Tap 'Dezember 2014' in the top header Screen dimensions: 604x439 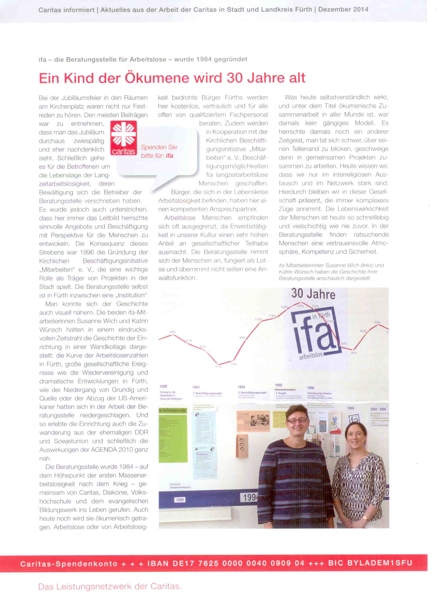(x=343, y=10)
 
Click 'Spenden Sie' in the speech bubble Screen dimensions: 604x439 (x=159, y=147)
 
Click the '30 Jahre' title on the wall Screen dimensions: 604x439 (x=313, y=294)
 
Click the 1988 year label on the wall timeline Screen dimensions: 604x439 (x=163, y=386)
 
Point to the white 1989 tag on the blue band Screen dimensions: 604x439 (x=180, y=500)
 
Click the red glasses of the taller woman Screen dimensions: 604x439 (x=298, y=421)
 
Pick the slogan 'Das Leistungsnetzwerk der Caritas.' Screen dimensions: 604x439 (x=110, y=586)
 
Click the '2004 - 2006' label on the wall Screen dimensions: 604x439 (x=378, y=409)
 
